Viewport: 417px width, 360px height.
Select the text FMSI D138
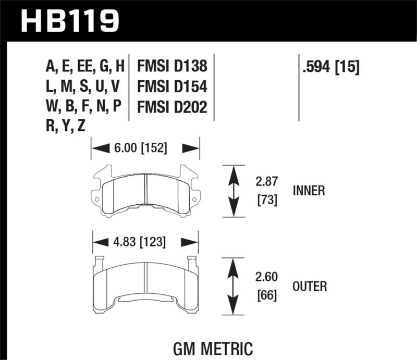click(x=172, y=66)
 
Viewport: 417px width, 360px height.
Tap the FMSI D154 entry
click(x=172, y=86)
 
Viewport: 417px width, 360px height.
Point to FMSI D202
click(x=172, y=107)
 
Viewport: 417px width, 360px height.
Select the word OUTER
click(x=309, y=286)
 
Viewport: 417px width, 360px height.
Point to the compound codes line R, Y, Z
click(x=67, y=127)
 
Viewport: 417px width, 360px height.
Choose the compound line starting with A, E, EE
click(x=85, y=66)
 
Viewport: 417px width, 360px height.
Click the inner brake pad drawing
click(x=145, y=190)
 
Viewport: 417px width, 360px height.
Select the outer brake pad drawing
click(x=145, y=284)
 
